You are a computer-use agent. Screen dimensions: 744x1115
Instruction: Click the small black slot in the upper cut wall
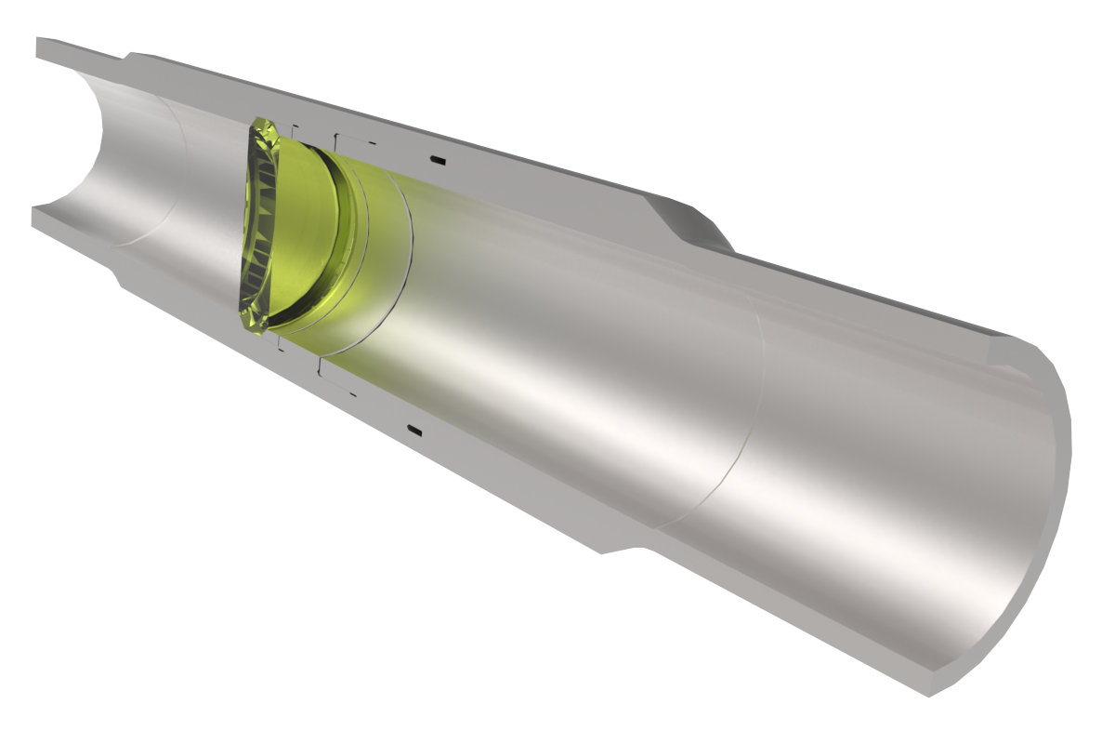point(437,163)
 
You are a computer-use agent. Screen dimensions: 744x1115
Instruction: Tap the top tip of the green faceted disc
point(263,122)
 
